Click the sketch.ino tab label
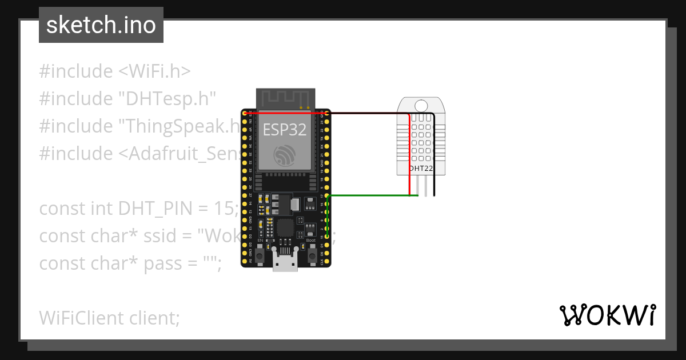point(101,25)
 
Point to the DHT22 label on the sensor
point(421,169)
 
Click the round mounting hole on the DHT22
point(421,105)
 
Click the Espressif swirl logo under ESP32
point(285,155)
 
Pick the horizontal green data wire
point(372,195)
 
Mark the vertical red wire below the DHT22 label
point(410,183)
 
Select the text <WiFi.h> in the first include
point(155,71)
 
